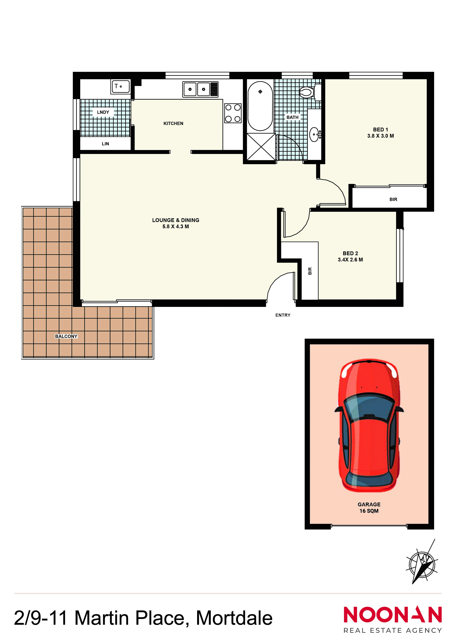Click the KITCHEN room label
coord(173,123)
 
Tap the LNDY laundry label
coord(103,112)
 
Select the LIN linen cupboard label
coord(105,144)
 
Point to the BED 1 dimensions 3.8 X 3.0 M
coord(380,136)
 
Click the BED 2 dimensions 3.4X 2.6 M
coord(350,260)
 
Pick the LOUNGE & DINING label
coord(176,220)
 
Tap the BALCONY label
coord(66,336)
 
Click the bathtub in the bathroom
coord(260,106)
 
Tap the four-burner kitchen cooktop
coord(233,113)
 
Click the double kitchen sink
coord(200,89)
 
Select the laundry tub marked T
coord(120,87)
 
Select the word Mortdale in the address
coord(234,618)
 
